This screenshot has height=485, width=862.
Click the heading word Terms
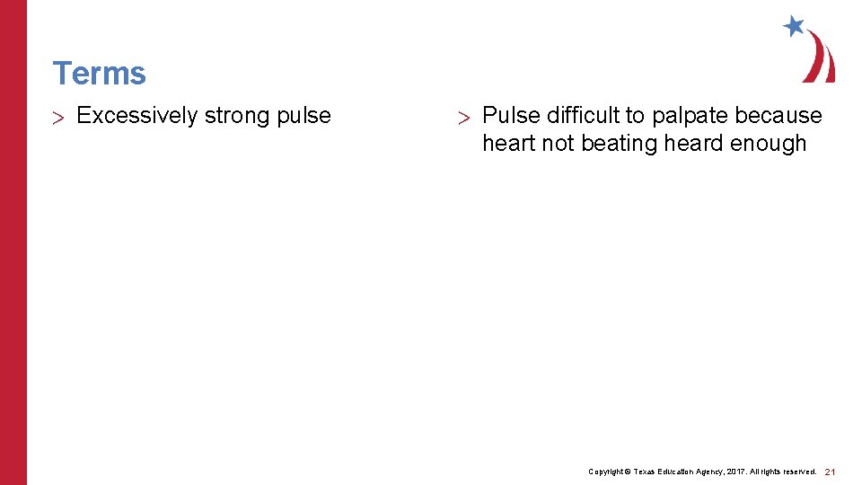coord(99,73)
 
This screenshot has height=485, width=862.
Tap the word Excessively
coord(137,116)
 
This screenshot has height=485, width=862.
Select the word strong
coord(236,116)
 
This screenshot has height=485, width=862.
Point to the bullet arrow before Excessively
coord(60,117)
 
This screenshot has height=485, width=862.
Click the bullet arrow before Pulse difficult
coord(463,117)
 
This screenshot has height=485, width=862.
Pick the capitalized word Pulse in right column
coord(507,116)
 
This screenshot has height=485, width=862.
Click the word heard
coord(693,143)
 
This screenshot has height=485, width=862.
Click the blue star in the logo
coord(794,26)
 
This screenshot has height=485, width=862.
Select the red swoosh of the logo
coord(822,58)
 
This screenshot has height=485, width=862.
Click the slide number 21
coord(831,472)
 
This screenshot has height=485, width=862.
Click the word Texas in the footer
coord(648,472)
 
